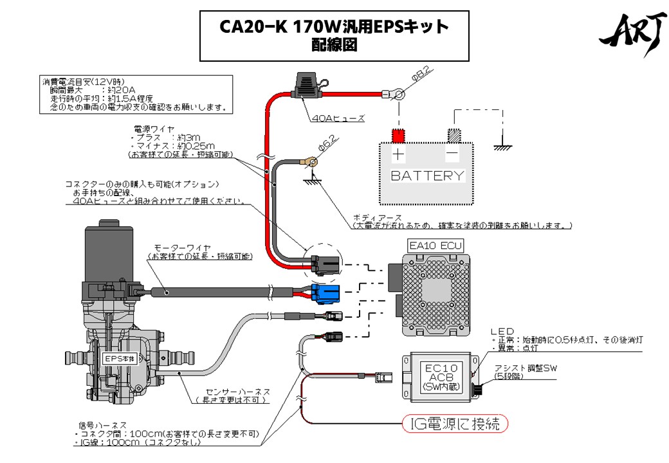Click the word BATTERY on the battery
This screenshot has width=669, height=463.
(x=427, y=175)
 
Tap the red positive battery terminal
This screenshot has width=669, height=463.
(x=399, y=136)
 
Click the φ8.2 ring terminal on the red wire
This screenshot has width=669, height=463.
(x=398, y=95)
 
